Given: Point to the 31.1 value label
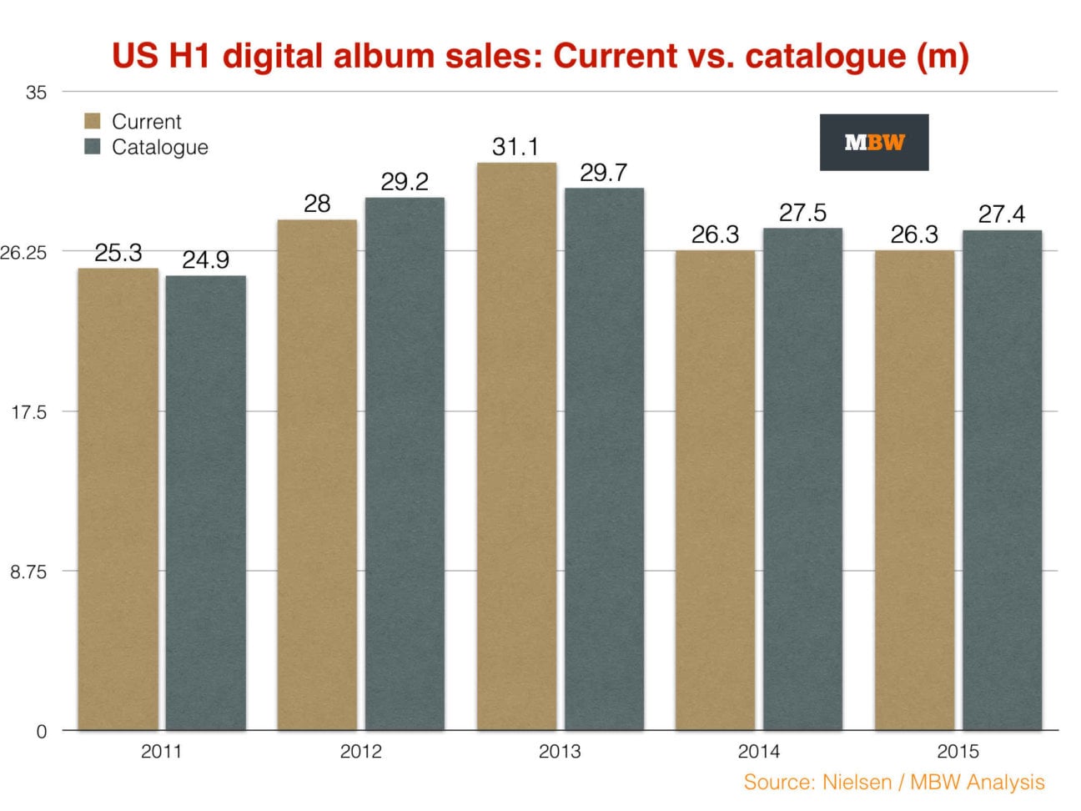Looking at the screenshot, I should point(515,147).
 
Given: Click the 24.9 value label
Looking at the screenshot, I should point(205,259).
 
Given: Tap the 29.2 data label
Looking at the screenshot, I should point(405,182).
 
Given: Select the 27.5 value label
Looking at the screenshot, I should point(802,213).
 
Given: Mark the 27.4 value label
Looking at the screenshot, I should point(1002,214).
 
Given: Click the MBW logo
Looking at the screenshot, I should point(873,143).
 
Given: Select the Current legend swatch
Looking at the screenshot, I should point(93,121).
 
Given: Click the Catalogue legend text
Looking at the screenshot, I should point(159,147).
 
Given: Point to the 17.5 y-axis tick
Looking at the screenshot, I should point(29,412).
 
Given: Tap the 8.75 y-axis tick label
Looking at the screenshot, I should point(29,572).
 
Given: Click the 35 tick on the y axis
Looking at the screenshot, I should point(36,93).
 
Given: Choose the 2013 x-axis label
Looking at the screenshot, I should point(560,752).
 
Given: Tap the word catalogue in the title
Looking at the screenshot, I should point(825,56).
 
